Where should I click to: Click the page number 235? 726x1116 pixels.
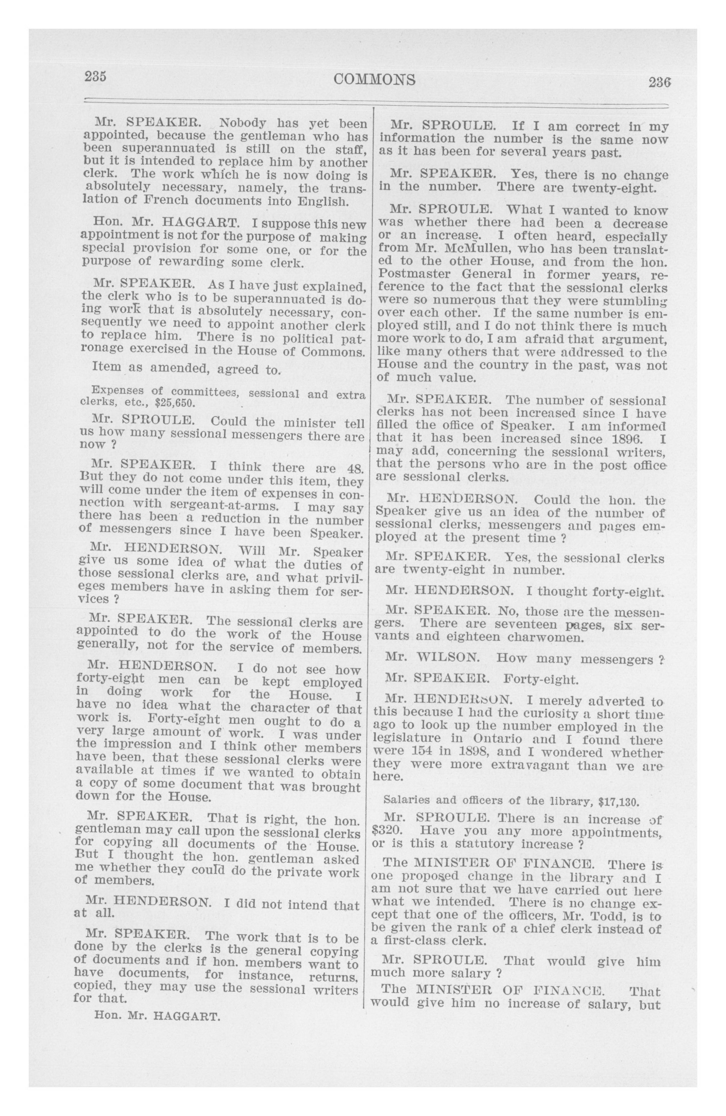click(96, 76)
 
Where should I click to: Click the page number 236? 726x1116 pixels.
click(659, 83)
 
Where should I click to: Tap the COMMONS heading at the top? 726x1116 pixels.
click(374, 80)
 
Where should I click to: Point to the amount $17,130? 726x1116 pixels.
click(619, 801)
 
